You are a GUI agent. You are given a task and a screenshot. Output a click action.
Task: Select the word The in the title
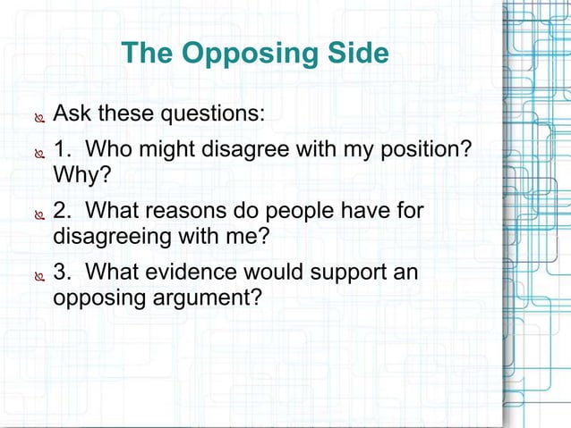(149, 54)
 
